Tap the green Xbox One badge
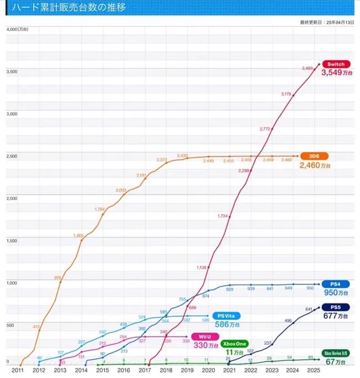[235, 344]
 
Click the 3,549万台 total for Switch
[335, 73]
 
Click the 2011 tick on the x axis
[18, 370]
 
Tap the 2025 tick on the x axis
[313, 370]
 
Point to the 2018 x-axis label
[166, 370]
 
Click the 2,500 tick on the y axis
[12, 156]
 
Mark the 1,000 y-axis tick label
[12, 283]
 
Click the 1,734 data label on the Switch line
[223, 215]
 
